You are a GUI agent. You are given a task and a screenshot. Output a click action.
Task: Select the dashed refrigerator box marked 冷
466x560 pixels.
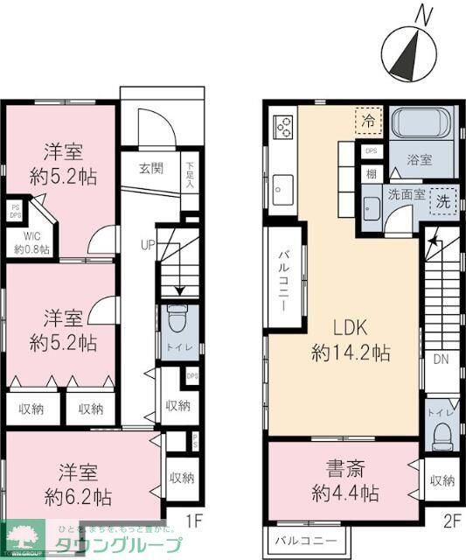click(x=369, y=122)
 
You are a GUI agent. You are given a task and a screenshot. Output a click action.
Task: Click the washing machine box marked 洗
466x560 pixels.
click(x=444, y=199)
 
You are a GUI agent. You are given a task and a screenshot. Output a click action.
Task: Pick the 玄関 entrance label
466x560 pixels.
click(x=150, y=169)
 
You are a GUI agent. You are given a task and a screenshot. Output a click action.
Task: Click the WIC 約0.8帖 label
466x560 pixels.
click(x=31, y=242)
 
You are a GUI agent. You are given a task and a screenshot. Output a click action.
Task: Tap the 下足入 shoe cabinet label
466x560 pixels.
click(x=191, y=172)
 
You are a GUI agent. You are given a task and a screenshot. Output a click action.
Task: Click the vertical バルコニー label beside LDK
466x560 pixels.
click(x=285, y=281)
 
